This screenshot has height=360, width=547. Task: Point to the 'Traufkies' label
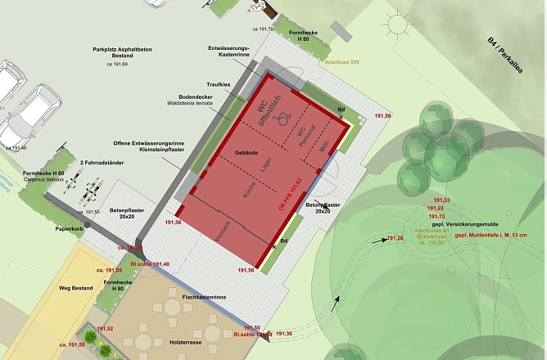point(219,83)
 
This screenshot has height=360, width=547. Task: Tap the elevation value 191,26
point(396,238)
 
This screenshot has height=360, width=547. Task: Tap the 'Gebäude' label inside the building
point(246,153)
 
